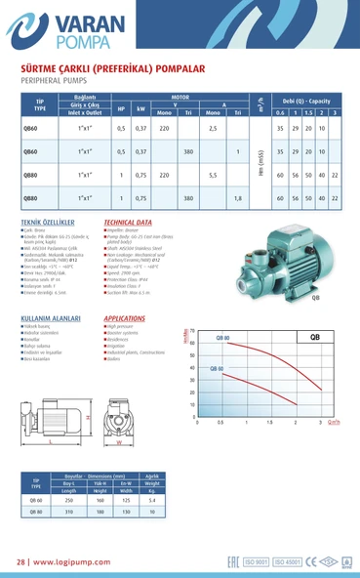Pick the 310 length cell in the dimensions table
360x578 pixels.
coord(69,511)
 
